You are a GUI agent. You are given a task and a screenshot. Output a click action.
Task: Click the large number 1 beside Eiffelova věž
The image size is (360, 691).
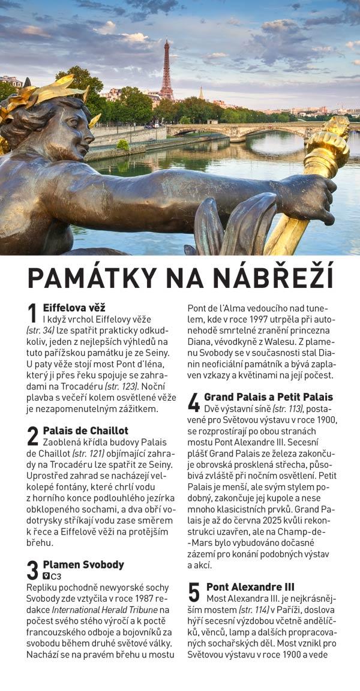click(32, 314)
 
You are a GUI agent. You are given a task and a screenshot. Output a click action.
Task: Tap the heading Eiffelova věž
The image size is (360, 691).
click(74, 308)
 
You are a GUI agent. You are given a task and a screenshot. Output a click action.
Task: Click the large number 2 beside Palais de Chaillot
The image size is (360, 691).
click(32, 435)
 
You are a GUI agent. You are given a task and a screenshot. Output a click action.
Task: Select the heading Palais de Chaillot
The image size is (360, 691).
click(85, 430)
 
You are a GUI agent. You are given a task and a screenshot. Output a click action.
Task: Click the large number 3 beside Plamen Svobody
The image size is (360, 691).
click(32, 570)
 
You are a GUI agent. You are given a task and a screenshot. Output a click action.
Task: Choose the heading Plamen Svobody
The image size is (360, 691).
click(83, 564)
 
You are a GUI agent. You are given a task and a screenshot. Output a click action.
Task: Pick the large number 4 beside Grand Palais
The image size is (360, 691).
click(194, 402)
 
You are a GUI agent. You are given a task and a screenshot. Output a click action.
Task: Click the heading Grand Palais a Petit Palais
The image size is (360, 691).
click(268, 397)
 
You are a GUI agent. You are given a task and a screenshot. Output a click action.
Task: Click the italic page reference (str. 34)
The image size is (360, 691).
click(40, 331)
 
